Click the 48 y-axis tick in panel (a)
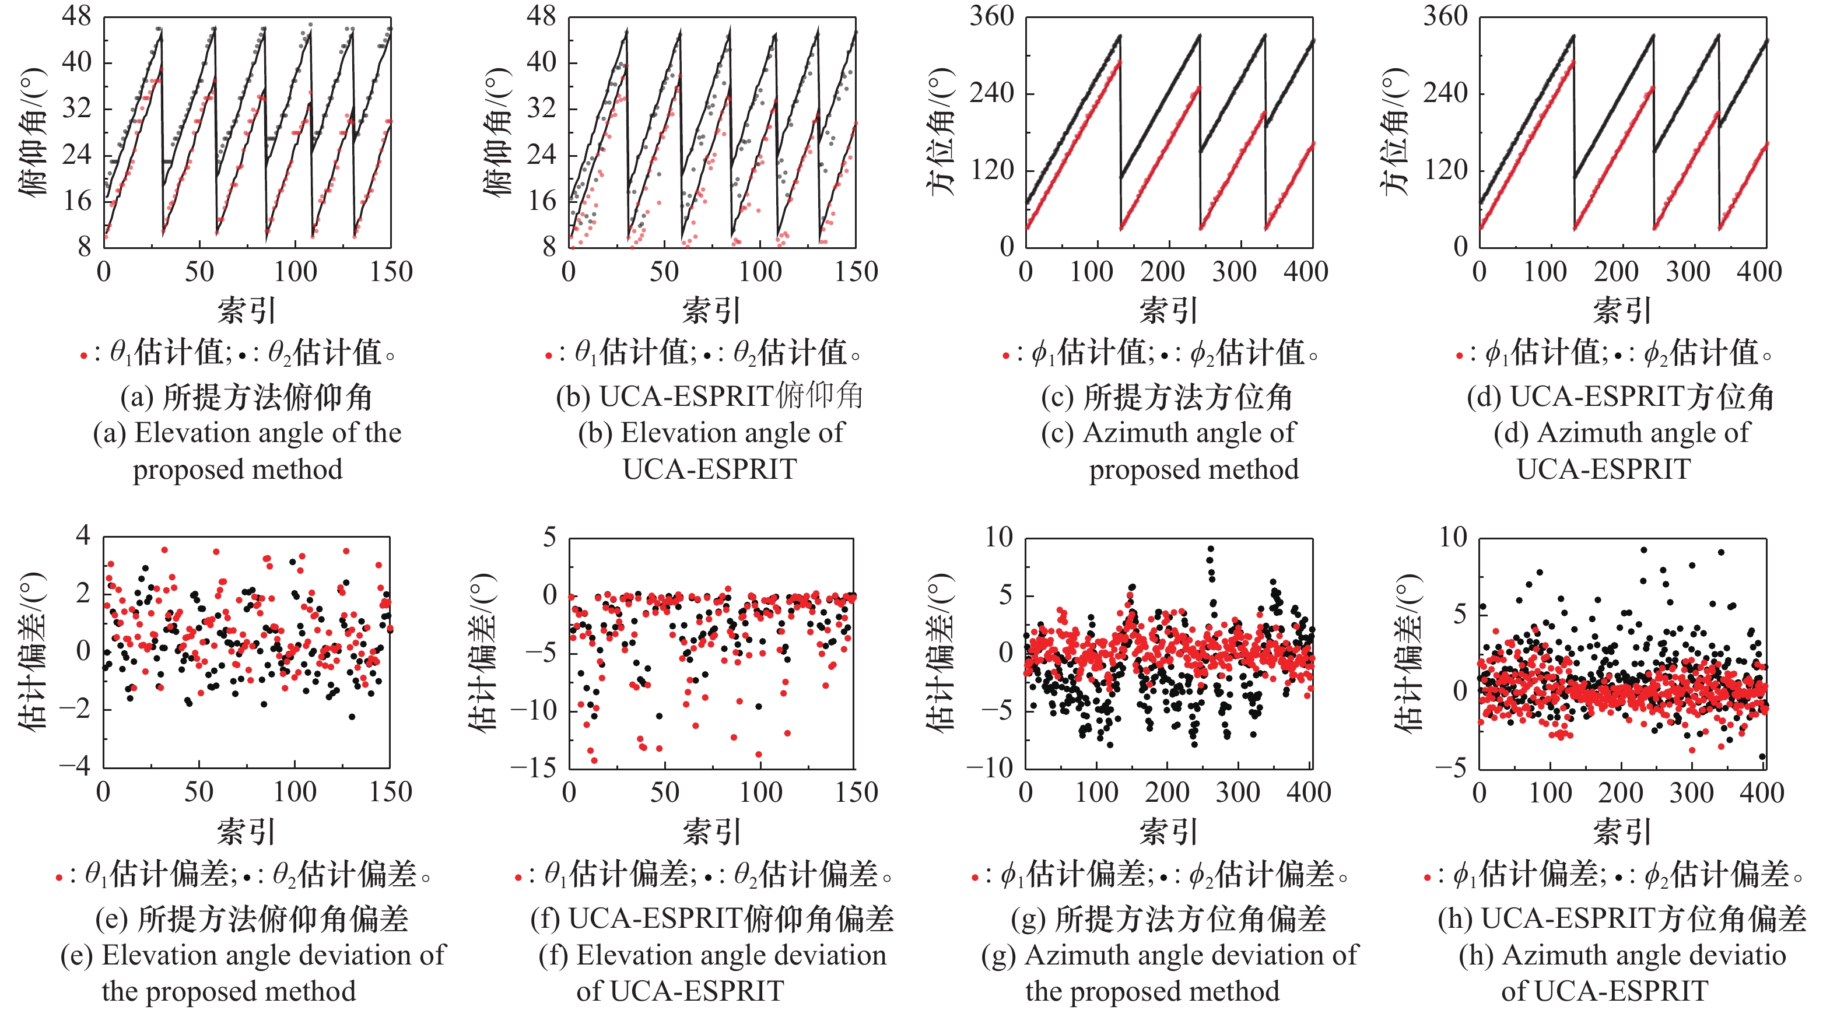[x=77, y=16]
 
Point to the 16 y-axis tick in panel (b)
[x=541, y=201]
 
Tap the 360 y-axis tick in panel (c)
[x=992, y=16]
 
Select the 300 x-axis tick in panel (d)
[x=1688, y=272]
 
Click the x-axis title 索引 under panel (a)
[x=247, y=311]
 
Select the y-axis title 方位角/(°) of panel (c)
[x=941, y=132]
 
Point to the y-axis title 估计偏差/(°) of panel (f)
[x=483, y=652]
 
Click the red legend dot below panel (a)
[x=83, y=355]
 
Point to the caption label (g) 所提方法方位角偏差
[x=1169, y=918]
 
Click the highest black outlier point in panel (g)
[x=1210, y=549]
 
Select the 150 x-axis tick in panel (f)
[x=856, y=792]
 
